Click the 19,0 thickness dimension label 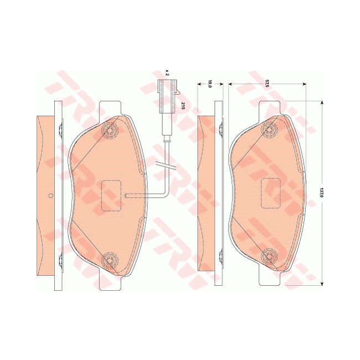click(x=210, y=84)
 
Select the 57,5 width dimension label click(x=267, y=84)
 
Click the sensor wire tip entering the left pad click(x=127, y=195)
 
